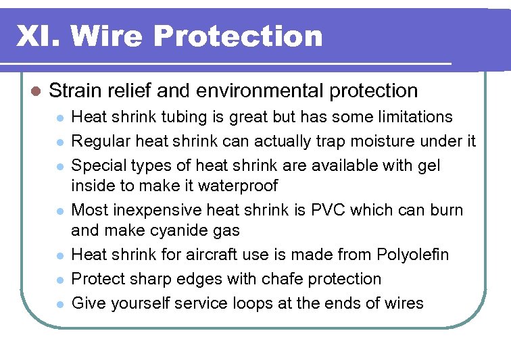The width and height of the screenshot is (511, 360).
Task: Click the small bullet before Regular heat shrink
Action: [60, 142]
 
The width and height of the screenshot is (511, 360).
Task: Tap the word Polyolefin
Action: [413, 255]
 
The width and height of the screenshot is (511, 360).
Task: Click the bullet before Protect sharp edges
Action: [60, 280]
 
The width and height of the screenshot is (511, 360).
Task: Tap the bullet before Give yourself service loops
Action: [60, 304]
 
